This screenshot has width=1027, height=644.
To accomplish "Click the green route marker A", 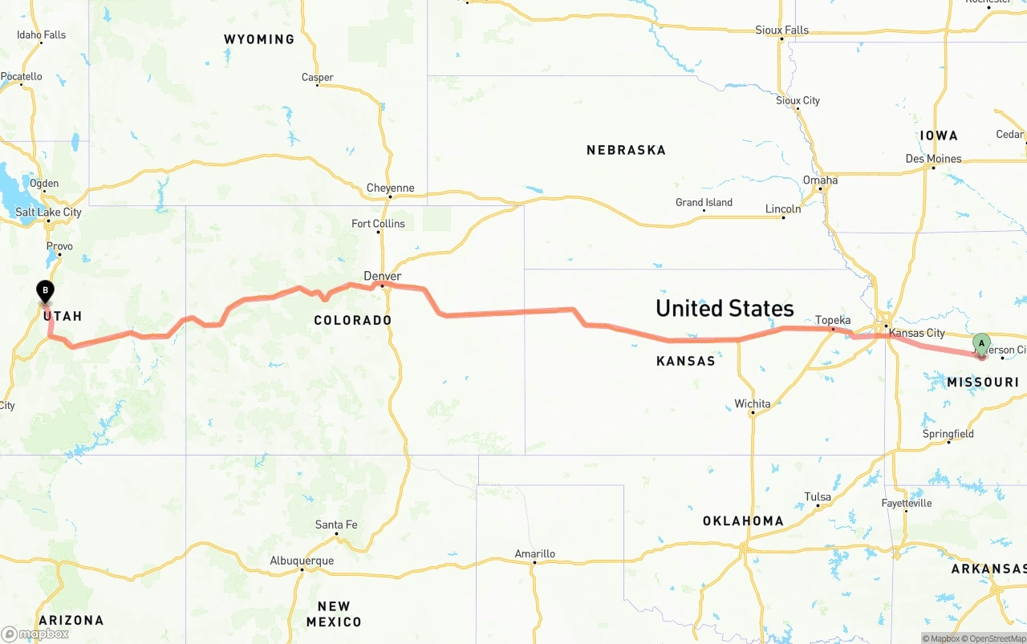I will pyautogui.click(x=980, y=345).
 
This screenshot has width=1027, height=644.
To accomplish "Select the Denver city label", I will pyautogui.click(x=382, y=277).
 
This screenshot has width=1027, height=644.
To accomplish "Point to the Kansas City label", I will pyautogui.click(x=917, y=333).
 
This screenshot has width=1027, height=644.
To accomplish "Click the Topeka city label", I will pyautogui.click(x=833, y=321).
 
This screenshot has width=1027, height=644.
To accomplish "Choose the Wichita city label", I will pyautogui.click(x=752, y=404).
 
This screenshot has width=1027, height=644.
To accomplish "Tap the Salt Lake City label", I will pyautogui.click(x=48, y=213).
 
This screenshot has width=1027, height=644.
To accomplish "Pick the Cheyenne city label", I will pyautogui.click(x=390, y=188).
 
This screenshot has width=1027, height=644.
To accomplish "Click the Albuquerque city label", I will pyautogui.click(x=302, y=561).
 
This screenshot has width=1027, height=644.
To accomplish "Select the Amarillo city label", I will pyautogui.click(x=534, y=554).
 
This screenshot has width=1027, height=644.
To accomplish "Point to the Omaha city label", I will pyautogui.click(x=820, y=180).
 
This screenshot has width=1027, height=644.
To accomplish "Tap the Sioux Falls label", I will pyautogui.click(x=781, y=30).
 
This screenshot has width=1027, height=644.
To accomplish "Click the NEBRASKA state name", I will pyautogui.click(x=626, y=150).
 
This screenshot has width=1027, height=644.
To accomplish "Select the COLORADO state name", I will pyautogui.click(x=352, y=321).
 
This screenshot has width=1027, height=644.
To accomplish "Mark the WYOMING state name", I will pyautogui.click(x=258, y=39).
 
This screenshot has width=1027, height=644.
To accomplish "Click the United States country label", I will pyautogui.click(x=725, y=309).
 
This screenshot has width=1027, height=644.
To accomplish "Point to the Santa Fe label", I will pyautogui.click(x=335, y=525).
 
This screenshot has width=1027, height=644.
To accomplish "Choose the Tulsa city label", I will pyautogui.click(x=818, y=497).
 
